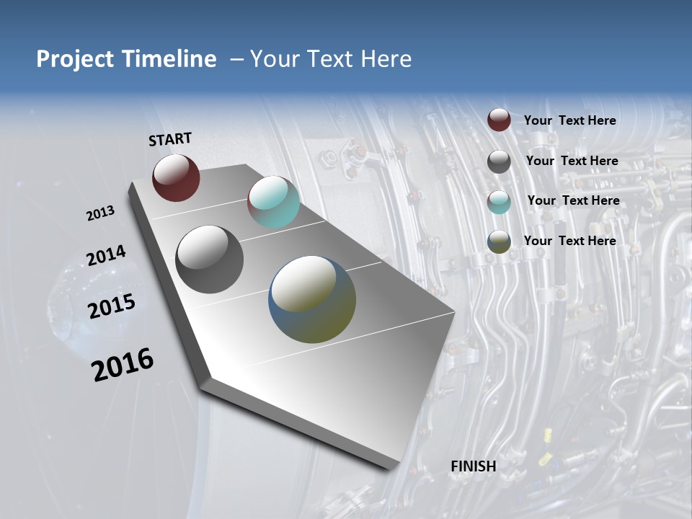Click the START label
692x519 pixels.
pyautogui.click(x=170, y=139)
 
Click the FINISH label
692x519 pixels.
pyautogui.click(x=474, y=466)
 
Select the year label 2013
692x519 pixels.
pyautogui.click(x=100, y=213)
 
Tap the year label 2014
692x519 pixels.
pyautogui.click(x=106, y=256)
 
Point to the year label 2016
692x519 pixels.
pyautogui.click(x=123, y=365)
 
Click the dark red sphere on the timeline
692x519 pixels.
pyautogui.click(x=176, y=177)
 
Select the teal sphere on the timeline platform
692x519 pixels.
pyautogui.click(x=273, y=202)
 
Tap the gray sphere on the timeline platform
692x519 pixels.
pyautogui.click(x=209, y=259)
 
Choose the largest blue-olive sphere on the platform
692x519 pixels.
pyautogui.click(x=312, y=299)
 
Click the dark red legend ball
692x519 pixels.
pyautogui.click(x=499, y=120)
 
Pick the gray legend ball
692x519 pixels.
pyautogui.click(x=499, y=161)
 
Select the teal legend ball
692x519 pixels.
pyautogui.click(x=499, y=202)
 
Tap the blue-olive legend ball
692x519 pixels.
pyautogui.click(x=499, y=242)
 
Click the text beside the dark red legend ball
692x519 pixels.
pyautogui.click(x=569, y=120)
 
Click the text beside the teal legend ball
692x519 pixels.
pyautogui.click(x=573, y=200)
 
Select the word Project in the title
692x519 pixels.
pyautogui.click(x=72, y=59)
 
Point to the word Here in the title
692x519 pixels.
pyautogui.click(x=385, y=59)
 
